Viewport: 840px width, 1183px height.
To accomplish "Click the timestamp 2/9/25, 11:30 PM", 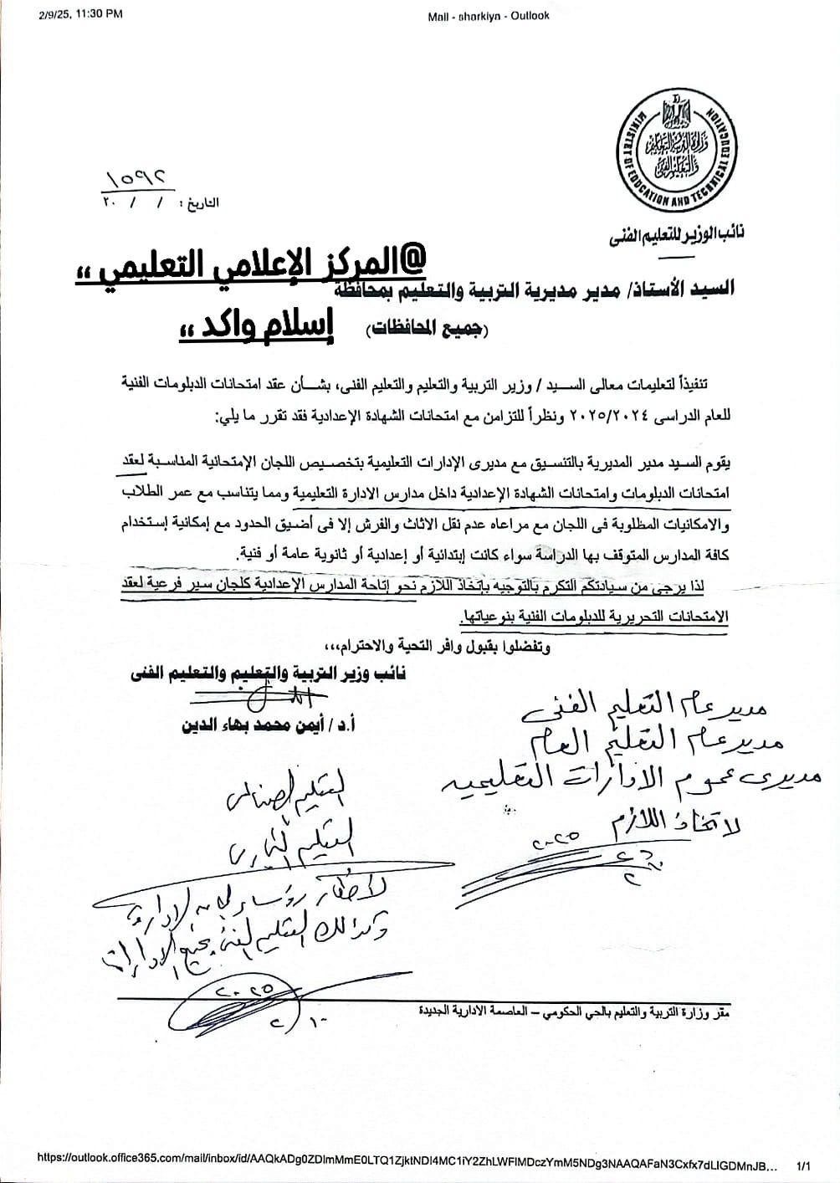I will [80, 14].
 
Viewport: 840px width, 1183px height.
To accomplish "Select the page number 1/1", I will [805, 1164].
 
